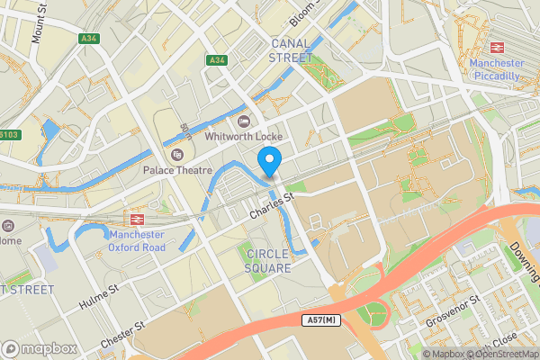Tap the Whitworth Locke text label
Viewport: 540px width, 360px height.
243,137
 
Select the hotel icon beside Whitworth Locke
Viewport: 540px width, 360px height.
242,121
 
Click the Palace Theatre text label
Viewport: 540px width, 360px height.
176,170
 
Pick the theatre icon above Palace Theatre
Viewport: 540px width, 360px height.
176,155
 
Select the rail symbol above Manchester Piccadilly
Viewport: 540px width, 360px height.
497,48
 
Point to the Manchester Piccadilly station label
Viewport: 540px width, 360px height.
497,70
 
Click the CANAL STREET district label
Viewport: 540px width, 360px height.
291,49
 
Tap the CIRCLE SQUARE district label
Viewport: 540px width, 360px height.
268,261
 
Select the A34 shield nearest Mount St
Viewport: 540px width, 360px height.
88,39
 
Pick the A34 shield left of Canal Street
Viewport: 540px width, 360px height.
215,60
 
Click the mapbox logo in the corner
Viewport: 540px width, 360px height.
40,348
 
